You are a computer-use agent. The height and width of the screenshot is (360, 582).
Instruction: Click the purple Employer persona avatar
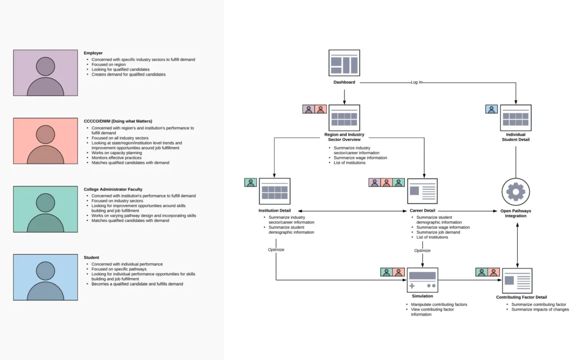pyautogui.click(x=45, y=72)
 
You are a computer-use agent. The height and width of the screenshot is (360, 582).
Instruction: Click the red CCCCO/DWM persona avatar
pyautogui.click(x=45, y=140)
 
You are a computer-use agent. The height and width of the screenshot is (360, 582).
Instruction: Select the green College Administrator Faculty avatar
pyautogui.click(x=45, y=209)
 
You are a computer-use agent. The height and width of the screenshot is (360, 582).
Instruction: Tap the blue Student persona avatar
pyautogui.click(x=45, y=277)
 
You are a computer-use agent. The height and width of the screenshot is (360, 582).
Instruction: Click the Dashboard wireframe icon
pyautogui.click(x=344, y=63)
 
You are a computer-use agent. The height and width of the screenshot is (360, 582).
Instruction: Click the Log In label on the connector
pyautogui.click(x=417, y=82)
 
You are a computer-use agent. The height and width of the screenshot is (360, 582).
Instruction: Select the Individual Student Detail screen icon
pyautogui.click(x=516, y=118)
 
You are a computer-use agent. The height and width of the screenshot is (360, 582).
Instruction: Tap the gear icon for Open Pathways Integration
pyautogui.click(x=516, y=192)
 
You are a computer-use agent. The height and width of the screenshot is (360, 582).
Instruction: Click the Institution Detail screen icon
pyautogui.click(x=275, y=191)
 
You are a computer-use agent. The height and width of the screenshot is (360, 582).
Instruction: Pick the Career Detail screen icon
pyautogui.click(x=422, y=191)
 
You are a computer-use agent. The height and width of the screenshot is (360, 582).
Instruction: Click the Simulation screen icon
pyautogui.click(x=422, y=280)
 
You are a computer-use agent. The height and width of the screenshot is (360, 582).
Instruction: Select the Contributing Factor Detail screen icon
pyautogui.click(x=517, y=280)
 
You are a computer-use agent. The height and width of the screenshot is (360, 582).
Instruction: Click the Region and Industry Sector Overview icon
pyautogui.click(x=344, y=118)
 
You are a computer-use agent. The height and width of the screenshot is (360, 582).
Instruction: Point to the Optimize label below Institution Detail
pyautogui.click(x=276, y=250)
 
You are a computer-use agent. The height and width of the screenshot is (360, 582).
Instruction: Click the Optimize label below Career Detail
pyautogui.click(x=422, y=250)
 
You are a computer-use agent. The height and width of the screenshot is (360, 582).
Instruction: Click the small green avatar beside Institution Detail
pyautogui.click(x=251, y=183)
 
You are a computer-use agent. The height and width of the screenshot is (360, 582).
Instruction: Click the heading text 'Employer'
pyautogui.click(x=93, y=53)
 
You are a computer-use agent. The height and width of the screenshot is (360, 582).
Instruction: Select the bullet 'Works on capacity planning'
pyautogui.click(x=117, y=152)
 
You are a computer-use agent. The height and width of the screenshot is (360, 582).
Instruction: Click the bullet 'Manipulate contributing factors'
pyautogui.click(x=439, y=304)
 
